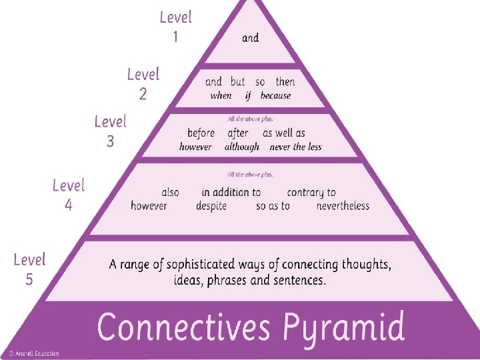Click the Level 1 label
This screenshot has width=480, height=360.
[x=176, y=27]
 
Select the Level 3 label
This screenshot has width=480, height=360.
[x=110, y=131]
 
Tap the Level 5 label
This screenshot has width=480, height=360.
[x=30, y=269]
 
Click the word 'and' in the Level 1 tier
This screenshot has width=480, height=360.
[x=250, y=38]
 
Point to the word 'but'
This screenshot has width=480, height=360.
[x=237, y=81]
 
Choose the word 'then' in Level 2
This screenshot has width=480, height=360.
[x=285, y=81]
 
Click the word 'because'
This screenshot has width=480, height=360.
[x=275, y=96]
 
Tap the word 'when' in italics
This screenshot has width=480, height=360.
[x=221, y=96]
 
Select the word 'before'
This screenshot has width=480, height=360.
[x=201, y=133]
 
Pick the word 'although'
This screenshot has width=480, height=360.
[x=242, y=147]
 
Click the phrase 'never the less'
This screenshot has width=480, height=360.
[x=295, y=147]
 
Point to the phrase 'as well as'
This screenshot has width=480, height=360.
[x=284, y=133]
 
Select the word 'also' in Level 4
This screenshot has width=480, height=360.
[x=170, y=192]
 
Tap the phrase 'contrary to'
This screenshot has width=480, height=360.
[x=311, y=192]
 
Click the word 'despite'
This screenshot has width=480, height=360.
[x=211, y=206]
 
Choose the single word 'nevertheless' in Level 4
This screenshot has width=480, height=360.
[x=343, y=206]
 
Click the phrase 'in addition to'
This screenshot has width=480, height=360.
[x=231, y=192]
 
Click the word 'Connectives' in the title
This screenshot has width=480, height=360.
[x=184, y=328]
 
